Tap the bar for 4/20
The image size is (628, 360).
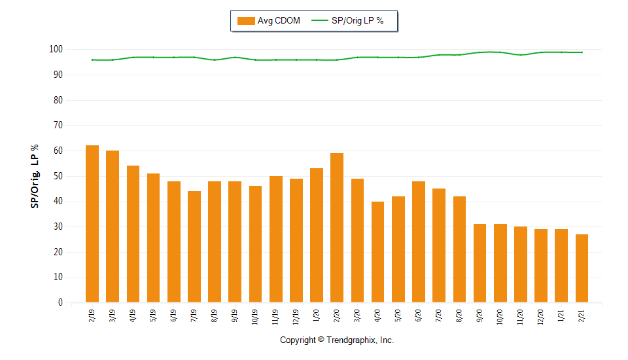point(378,252)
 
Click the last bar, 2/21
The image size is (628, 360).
point(582,268)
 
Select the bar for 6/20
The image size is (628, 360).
point(419,242)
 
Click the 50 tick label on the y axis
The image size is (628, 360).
point(58,176)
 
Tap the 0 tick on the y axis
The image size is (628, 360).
point(60,303)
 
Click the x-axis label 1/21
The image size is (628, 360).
point(561,314)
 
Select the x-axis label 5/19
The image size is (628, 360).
point(154,314)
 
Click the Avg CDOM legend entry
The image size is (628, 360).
point(269,21)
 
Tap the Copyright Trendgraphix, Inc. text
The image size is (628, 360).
point(337,340)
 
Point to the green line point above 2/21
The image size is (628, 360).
point(582,52)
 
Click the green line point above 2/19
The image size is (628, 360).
point(92,60)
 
